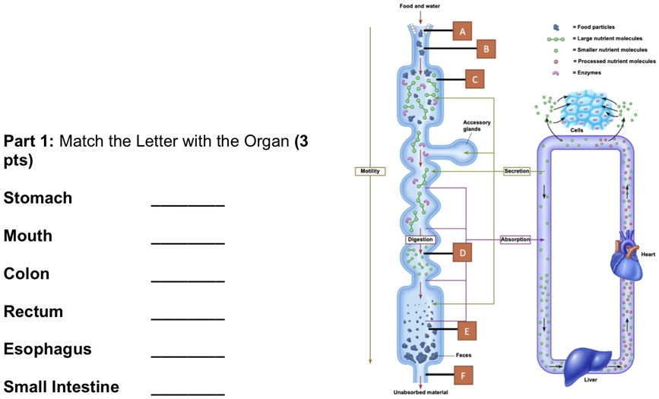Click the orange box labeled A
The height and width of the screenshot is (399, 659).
462,30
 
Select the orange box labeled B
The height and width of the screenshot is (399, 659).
486,49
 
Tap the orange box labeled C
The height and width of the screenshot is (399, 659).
474,78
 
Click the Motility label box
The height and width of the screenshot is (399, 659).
370,171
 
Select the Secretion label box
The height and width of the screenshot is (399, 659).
516,171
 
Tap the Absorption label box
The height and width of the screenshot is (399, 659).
515,239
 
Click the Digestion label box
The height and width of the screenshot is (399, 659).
420,239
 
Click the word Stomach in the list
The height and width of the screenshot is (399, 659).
38,198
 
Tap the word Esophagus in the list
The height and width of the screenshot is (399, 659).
47,349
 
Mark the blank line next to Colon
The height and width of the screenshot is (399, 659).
188,280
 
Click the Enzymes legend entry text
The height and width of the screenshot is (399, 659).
588,72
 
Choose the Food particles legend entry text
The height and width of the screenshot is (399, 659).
597,27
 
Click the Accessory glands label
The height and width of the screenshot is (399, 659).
477,125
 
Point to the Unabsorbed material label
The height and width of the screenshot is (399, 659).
420,392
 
